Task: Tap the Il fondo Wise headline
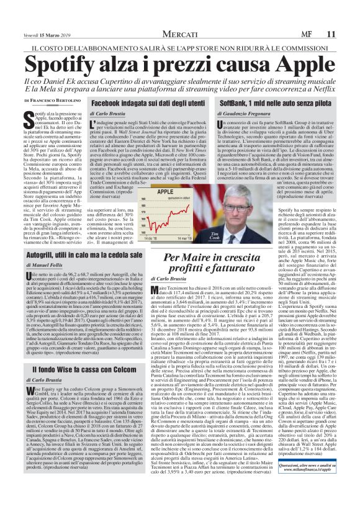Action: [80, 353]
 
